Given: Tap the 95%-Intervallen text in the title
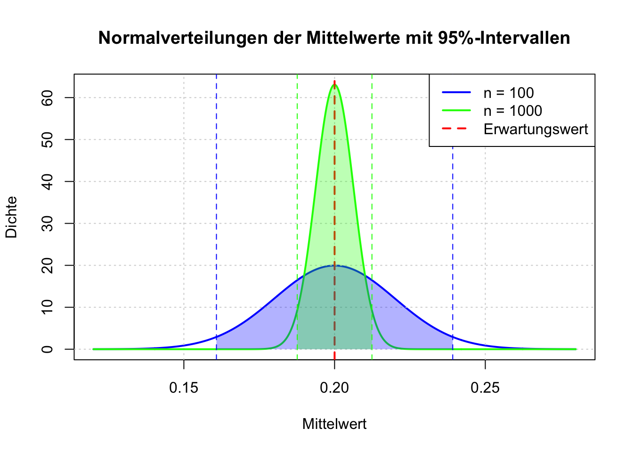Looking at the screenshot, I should click(x=504, y=38).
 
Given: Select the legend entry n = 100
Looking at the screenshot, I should click(x=509, y=93).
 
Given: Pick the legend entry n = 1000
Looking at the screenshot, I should click(x=512, y=111).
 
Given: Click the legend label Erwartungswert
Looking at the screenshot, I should click(x=536, y=129).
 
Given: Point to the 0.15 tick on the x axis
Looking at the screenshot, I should click(x=184, y=388).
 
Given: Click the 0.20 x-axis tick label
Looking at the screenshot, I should click(x=334, y=388).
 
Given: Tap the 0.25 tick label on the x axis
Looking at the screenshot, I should click(x=485, y=388).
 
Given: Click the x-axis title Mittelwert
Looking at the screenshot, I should click(x=334, y=424).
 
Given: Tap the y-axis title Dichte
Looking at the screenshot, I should click(x=11, y=217).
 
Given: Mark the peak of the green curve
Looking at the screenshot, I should click(x=334, y=85).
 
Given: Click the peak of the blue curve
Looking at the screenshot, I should click(x=334, y=266).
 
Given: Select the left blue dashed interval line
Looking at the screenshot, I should click(x=217, y=212).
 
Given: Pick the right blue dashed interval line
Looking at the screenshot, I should click(x=453, y=235).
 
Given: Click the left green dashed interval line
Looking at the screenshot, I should click(x=297, y=188).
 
